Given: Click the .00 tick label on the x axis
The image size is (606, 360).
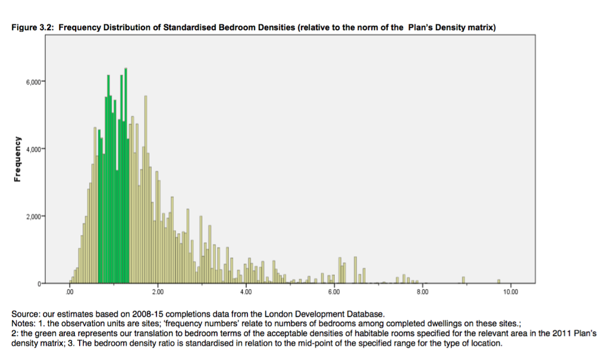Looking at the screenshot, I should pyautogui.click(x=70, y=293).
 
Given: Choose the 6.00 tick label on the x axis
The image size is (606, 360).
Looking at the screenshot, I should pyautogui.click(x=334, y=293).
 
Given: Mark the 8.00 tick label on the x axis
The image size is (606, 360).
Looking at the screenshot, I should pyautogui.click(x=422, y=293).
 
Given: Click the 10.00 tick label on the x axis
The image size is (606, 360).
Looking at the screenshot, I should pyautogui.click(x=510, y=293).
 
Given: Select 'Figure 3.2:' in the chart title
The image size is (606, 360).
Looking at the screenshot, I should pyautogui.click(x=34, y=27).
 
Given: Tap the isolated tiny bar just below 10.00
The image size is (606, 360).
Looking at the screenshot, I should pyautogui.click(x=499, y=281).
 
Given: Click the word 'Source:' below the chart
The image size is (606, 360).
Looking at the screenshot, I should pyautogui.click(x=26, y=314).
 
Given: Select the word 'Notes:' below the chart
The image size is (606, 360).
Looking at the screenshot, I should pyautogui.click(x=24, y=323).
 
